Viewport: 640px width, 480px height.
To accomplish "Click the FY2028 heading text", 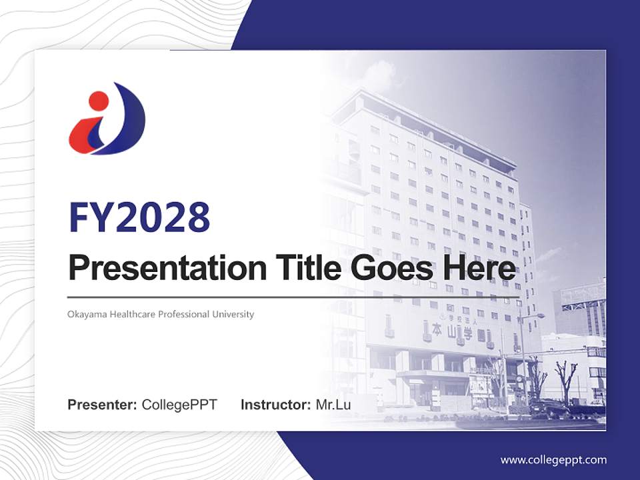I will click(139, 217).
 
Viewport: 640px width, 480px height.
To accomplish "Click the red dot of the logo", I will click(98, 101).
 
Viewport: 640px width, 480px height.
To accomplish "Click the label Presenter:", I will click(103, 405).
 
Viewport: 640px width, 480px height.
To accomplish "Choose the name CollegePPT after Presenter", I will click(179, 405).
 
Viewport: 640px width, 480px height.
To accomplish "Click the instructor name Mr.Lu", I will click(333, 405).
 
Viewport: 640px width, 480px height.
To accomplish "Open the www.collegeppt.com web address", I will click(553, 460).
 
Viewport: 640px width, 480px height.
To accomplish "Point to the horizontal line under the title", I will click(293, 297).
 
